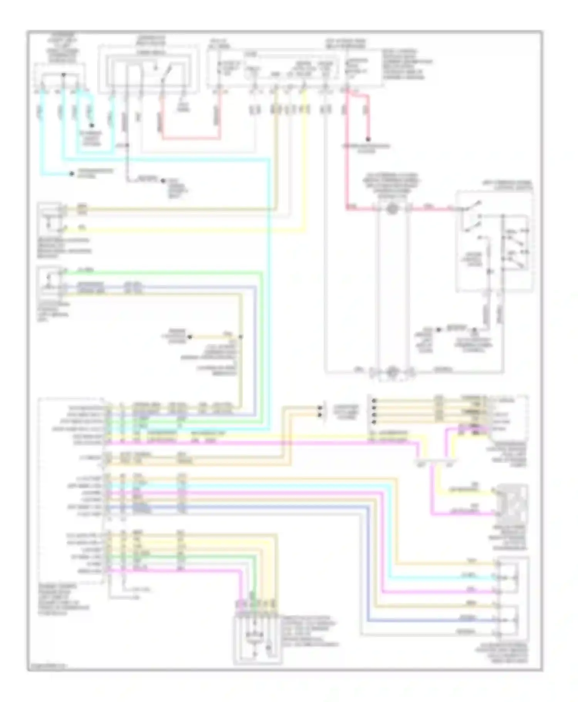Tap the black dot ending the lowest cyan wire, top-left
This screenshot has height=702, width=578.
coord(72,174)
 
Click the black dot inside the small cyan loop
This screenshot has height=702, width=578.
coord(92,126)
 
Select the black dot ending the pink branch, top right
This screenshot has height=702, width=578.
coord(368,140)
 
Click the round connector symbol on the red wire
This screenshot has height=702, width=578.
coord(392,209)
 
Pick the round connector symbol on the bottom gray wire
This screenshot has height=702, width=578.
coord(392,372)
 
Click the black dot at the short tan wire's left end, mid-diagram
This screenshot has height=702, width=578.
coord(189,337)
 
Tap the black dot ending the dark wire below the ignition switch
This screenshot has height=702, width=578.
coord(163,180)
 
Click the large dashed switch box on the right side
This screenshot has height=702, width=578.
coord(495,241)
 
